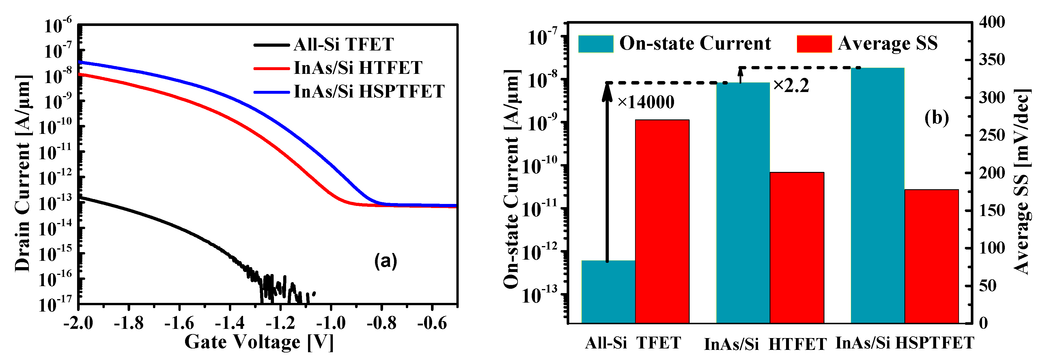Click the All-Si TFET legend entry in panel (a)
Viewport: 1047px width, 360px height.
pos(344,44)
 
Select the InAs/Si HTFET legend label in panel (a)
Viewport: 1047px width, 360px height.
pos(358,68)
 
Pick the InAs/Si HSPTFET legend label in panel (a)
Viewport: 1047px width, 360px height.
pos(369,91)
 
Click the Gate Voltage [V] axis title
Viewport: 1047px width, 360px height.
pos(259,342)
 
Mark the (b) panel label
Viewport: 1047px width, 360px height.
pos(936,118)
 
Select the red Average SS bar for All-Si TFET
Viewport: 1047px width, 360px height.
pos(662,222)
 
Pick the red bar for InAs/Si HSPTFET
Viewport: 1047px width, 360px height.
pos(932,256)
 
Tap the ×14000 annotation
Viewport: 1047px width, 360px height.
pos(646,102)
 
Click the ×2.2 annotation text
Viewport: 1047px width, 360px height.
pos(791,86)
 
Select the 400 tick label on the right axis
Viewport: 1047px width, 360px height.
pos(992,22)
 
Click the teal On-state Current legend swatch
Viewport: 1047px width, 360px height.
pos(596,44)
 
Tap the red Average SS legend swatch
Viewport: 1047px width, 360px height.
pos(814,44)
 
